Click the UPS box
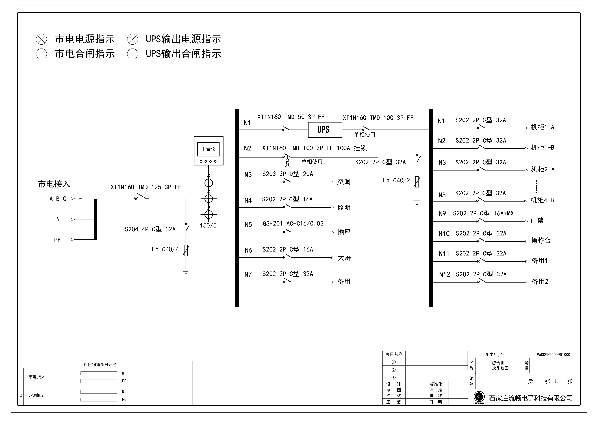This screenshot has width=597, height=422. pyautogui.click(x=325, y=130)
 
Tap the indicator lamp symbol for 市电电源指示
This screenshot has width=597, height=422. pyautogui.click(x=41, y=40)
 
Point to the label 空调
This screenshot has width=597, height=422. pyautogui.click(x=344, y=182)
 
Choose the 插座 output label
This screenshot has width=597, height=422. pyautogui.click(x=344, y=232)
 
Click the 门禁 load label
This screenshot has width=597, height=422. pyautogui.click(x=537, y=221)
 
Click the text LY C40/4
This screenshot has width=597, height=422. pyautogui.click(x=165, y=250)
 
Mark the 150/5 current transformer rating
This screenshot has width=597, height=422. pyautogui.click(x=208, y=226)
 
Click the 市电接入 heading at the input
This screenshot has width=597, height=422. pyautogui.click(x=54, y=184)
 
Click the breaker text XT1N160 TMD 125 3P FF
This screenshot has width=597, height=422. pyautogui.click(x=146, y=187)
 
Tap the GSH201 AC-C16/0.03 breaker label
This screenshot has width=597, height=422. pyautogui.click(x=293, y=224)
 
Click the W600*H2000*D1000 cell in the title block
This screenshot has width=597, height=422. pyautogui.click(x=553, y=355)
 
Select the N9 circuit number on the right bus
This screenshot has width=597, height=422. pyautogui.click(x=442, y=214)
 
